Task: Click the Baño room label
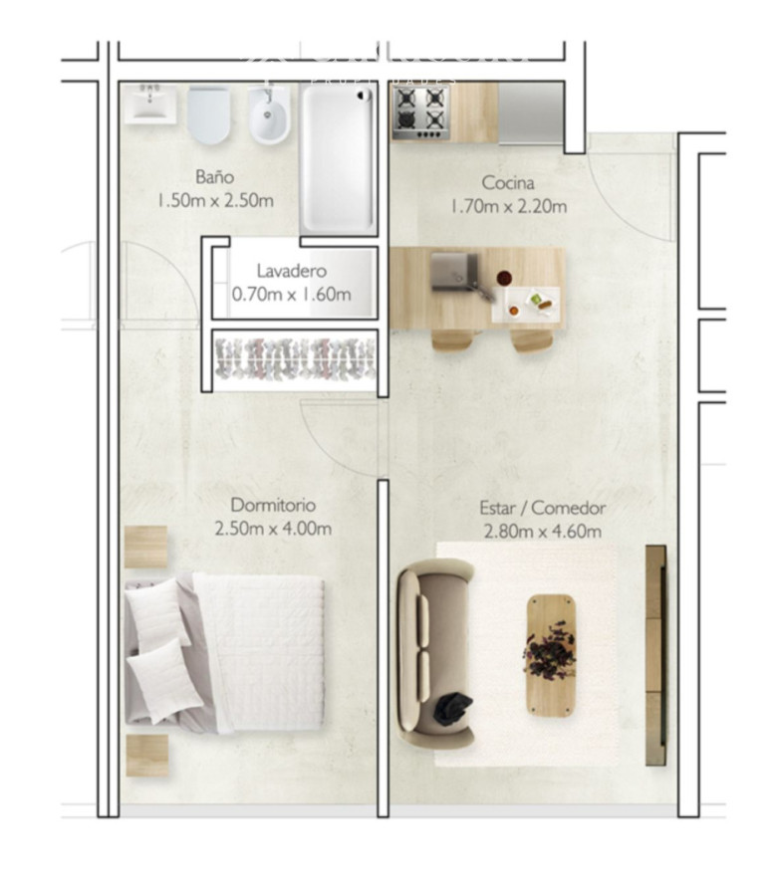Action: coord(214,177)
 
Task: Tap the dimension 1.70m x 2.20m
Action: coord(508,207)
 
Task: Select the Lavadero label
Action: coord(291,271)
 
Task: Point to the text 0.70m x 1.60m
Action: coord(291,295)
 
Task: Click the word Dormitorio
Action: coord(273,505)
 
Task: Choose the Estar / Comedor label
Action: coord(542,509)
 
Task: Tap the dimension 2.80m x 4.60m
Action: coord(542,532)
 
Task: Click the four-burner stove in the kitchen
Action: coord(420,111)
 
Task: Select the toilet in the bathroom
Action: coord(208,115)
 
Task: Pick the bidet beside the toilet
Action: coord(269,115)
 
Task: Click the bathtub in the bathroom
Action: coord(339,159)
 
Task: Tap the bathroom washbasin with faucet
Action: coord(151,104)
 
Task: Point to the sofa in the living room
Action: coord(434,652)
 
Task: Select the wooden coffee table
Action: coord(550,654)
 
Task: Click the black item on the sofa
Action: coord(452,708)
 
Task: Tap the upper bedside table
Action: coord(146,547)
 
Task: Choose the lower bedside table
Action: coord(146,755)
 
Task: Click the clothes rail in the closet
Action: coord(295,358)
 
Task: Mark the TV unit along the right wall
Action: coord(654,654)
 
